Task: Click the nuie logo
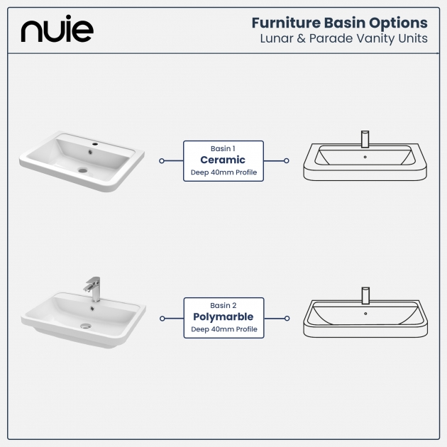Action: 57,29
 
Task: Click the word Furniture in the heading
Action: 286,23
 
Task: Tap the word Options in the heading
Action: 398,23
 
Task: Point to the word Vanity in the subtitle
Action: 376,39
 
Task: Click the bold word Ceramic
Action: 223,160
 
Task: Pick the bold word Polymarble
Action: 223,317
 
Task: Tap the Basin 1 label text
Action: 223,148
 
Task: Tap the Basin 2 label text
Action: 223,306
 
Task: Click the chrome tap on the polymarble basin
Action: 93,289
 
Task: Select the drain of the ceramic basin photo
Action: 83,170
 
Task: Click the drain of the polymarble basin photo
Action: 86,326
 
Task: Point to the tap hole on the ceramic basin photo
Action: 95,144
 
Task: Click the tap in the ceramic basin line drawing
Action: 365,139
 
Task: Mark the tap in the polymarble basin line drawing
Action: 365,296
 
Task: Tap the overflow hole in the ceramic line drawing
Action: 365,157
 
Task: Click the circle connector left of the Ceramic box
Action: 162,161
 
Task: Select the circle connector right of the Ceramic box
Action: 286,161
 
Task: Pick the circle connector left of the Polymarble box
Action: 162,319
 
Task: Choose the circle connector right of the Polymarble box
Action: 287,319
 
